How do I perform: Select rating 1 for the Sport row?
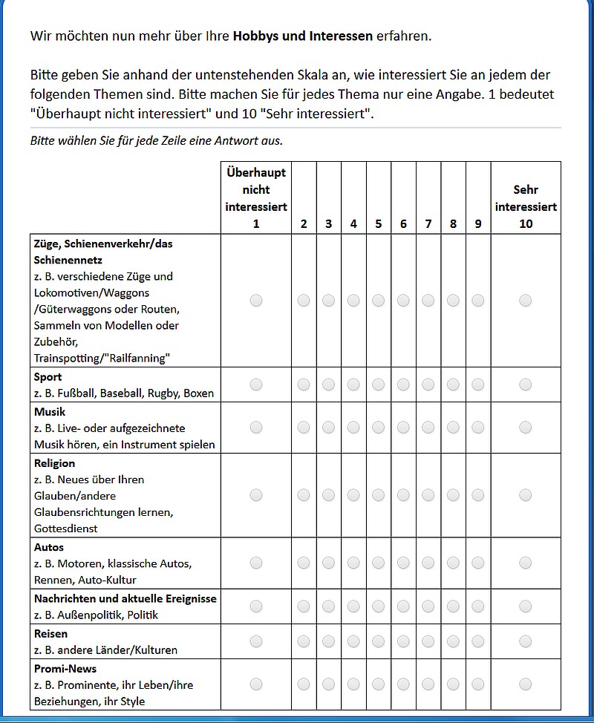256,385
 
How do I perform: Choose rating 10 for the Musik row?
526,428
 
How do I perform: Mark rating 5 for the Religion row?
379,495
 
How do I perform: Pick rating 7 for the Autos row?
428,563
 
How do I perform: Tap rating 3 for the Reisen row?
329,641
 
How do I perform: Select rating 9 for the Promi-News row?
478,684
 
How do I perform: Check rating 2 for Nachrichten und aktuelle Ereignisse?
304,606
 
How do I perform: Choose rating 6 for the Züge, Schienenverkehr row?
403,301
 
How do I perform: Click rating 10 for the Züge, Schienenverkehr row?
526,301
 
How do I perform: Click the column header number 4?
353,223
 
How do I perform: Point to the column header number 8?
453,223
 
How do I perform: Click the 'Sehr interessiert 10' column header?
526,206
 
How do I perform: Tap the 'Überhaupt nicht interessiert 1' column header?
256,197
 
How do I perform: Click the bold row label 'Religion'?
54,463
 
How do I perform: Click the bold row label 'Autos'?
49,547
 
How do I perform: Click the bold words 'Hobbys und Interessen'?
303,36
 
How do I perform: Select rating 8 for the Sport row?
453,385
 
